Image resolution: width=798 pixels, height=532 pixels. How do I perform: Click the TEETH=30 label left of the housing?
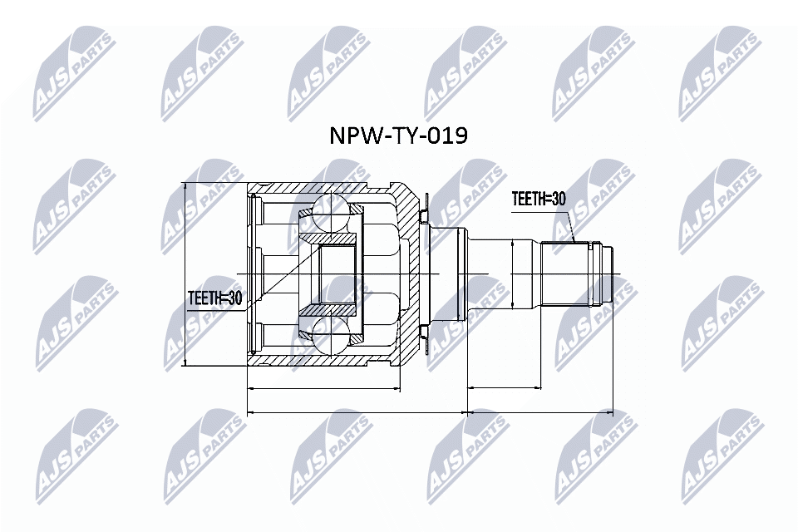(214, 298)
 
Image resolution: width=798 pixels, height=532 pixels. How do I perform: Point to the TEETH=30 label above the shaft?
(538, 199)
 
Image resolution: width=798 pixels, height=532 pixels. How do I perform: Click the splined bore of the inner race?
(337, 273)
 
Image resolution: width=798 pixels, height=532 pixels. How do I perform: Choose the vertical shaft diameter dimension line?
(513, 273)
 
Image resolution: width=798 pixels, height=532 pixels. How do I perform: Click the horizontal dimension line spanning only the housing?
(324, 387)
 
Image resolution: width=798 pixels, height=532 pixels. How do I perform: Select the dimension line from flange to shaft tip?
(540, 411)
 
